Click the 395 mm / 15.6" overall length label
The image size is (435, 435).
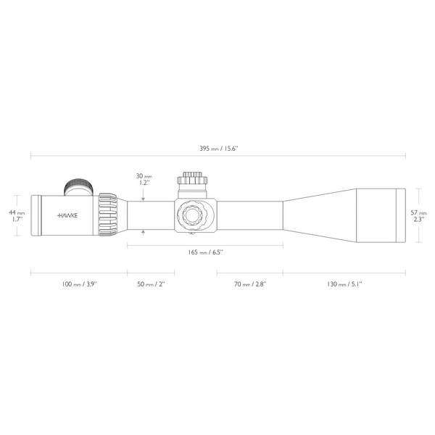coord(217,149)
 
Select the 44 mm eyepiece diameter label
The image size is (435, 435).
coord(18,216)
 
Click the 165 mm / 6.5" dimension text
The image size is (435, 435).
coord(205,252)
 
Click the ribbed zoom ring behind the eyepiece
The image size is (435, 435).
coord(107,215)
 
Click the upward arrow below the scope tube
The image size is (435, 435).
coord(144,233)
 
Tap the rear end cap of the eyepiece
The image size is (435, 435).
coord(34,215)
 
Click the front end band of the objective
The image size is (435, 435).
coord(399,215)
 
